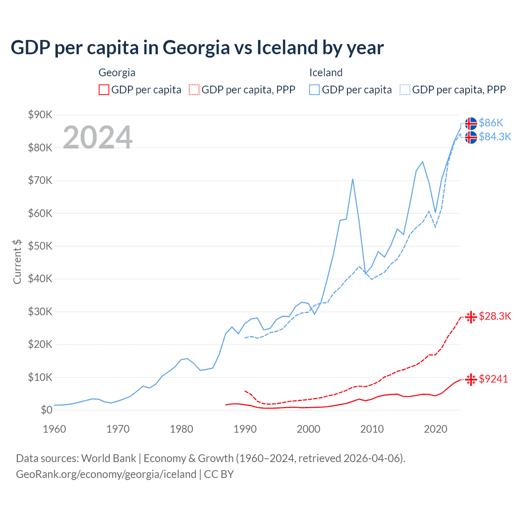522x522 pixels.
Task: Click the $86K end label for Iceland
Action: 491,123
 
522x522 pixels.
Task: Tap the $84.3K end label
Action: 495,137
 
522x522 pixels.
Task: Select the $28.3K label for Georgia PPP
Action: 495,316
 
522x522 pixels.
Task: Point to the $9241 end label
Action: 493,379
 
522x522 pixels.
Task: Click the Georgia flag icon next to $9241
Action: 471,379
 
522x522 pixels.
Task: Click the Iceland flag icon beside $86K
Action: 471,123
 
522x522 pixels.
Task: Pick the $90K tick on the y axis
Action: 40,115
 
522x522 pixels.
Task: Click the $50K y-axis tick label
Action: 40,246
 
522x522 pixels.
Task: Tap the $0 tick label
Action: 46,410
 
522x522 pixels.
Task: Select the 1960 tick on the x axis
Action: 54,429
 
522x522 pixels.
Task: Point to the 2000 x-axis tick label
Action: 308,429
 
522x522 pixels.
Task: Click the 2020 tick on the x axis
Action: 436,429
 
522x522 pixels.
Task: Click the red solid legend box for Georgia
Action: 104,90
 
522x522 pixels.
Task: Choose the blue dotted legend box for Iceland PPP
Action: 405,90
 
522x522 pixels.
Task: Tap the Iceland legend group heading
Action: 325,73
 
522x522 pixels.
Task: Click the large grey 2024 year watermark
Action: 97,137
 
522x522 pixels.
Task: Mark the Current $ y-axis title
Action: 17,261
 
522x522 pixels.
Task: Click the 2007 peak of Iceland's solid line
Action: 352,179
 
